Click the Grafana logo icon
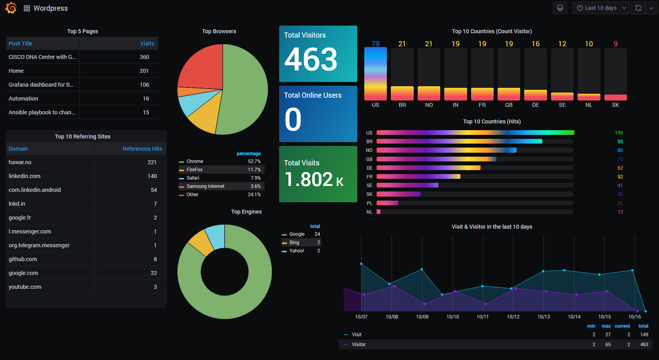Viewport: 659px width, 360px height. coord(11,8)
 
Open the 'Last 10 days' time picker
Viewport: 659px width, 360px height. coord(600,8)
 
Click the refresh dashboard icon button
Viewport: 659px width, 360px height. coord(638,8)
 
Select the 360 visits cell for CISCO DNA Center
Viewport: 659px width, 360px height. coord(144,57)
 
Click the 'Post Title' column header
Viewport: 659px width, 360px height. coord(21,44)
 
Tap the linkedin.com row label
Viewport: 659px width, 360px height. coord(25,176)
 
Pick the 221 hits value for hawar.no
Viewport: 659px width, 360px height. coord(152,162)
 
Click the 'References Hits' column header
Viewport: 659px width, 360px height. coord(142,149)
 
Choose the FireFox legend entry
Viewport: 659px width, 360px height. coord(195,170)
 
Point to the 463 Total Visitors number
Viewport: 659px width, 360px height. coord(311,59)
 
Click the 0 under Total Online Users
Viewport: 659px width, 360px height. coord(293,119)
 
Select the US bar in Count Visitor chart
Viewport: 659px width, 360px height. coord(375,74)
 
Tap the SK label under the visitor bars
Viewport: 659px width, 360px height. coord(615,105)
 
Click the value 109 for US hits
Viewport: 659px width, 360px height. coord(619,133)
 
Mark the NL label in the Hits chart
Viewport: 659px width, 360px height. coord(369,212)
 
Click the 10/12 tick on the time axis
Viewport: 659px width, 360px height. coord(513,317)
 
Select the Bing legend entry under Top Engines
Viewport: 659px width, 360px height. coord(294,243)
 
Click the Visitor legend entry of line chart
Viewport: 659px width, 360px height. coord(359,345)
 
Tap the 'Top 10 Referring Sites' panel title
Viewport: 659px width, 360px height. coord(83,136)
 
